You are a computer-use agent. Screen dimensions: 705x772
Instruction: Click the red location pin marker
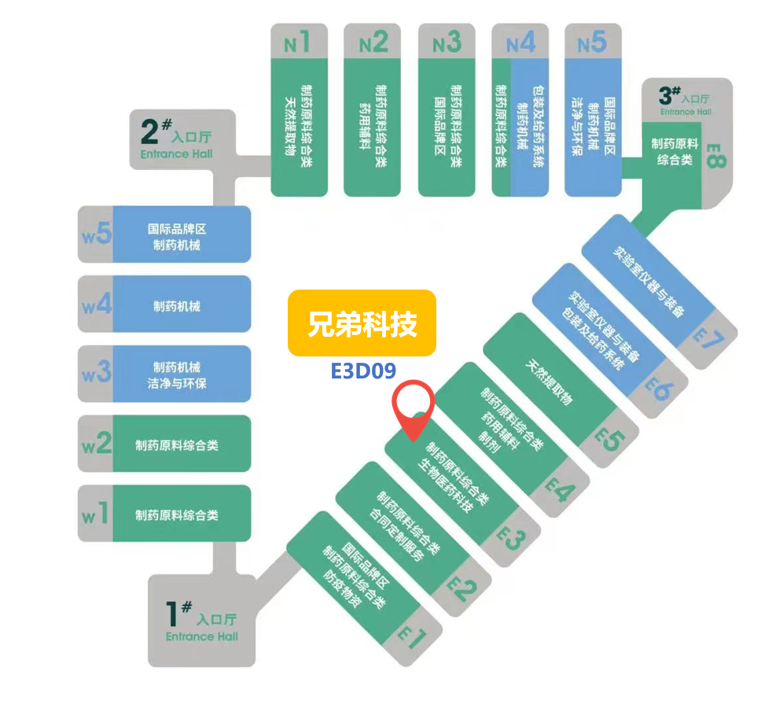click(414, 407)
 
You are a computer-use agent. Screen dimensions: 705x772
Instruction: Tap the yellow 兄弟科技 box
click(362, 323)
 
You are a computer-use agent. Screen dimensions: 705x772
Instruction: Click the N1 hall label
click(296, 42)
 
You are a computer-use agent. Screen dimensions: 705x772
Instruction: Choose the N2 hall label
click(373, 42)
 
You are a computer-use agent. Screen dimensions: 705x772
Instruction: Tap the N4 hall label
click(520, 42)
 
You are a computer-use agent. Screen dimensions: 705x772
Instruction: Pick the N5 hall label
click(592, 42)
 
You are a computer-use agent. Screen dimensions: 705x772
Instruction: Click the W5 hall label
click(96, 234)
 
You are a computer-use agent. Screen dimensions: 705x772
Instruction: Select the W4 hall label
click(96, 305)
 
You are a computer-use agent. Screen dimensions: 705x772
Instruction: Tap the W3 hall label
click(96, 374)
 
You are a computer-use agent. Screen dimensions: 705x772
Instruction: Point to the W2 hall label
click(96, 444)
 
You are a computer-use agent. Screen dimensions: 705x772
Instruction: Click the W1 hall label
click(96, 515)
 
